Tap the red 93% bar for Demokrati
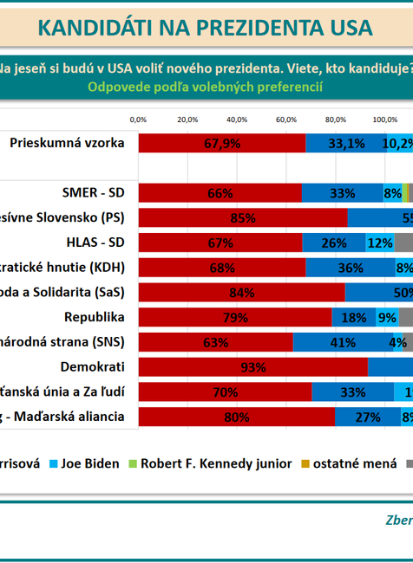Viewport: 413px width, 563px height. (x=252, y=367)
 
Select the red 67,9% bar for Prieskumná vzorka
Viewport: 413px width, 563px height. (x=222, y=144)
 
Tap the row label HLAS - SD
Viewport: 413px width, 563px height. (x=94, y=242)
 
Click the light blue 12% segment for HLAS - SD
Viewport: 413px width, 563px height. (x=380, y=243)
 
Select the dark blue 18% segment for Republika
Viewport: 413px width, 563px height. (x=353, y=318)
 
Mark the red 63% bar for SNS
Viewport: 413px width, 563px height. (x=215, y=342)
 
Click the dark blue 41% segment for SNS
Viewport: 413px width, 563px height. (x=343, y=342)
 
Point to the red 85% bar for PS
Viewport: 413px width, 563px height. (x=243, y=217)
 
